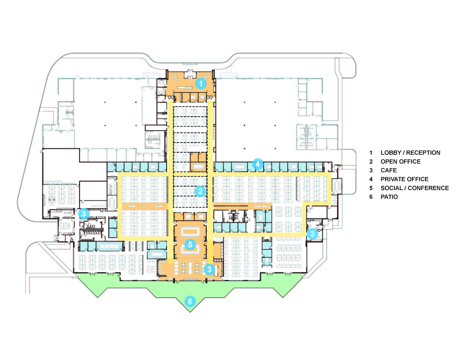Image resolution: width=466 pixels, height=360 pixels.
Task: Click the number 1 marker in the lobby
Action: point(201,84)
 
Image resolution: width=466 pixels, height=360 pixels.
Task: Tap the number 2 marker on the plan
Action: point(200,191)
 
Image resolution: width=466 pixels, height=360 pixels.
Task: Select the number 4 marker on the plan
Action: point(257,164)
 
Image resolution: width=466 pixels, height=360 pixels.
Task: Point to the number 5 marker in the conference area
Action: point(190,244)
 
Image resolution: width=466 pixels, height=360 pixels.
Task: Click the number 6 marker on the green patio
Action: point(190,302)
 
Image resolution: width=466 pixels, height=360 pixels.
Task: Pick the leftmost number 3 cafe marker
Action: point(84,213)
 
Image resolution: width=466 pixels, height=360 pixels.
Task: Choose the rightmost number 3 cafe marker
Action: point(312,234)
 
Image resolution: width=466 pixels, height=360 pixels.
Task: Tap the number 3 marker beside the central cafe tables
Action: point(209,269)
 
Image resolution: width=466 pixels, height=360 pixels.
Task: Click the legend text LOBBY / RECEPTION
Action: point(411,153)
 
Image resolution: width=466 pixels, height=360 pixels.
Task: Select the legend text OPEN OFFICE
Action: point(400,162)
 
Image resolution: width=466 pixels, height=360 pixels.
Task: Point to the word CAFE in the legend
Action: point(389,170)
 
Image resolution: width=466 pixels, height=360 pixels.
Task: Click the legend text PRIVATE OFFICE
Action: point(404,179)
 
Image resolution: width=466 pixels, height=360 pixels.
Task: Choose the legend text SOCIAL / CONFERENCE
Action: point(415,188)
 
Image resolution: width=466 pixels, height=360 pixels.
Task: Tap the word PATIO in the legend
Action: point(389,197)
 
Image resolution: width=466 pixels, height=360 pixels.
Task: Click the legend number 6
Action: point(371,197)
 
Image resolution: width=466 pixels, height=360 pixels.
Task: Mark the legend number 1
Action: point(371,153)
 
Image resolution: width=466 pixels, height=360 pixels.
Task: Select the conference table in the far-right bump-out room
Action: point(337,186)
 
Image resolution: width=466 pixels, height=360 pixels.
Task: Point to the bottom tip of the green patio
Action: point(190,312)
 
